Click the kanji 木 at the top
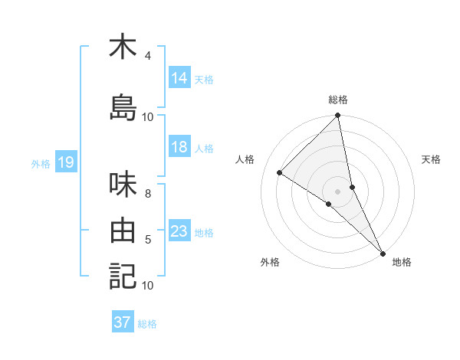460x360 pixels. [123, 47]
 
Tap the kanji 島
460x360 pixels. [123, 108]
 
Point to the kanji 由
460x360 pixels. [123, 230]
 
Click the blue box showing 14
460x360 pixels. [179, 78]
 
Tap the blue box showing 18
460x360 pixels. [179, 147]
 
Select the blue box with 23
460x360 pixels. [179, 231]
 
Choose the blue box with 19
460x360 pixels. [65, 162]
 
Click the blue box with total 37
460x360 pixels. [123, 322]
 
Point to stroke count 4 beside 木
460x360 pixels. [147, 56]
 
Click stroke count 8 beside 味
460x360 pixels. [147, 193]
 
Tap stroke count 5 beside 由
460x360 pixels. [147, 240]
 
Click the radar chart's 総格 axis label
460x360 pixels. [338, 100]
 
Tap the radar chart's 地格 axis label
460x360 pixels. [402, 262]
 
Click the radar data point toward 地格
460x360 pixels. [383, 252]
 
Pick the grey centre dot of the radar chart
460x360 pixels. [337, 190]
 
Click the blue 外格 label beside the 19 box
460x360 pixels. [40, 163]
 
